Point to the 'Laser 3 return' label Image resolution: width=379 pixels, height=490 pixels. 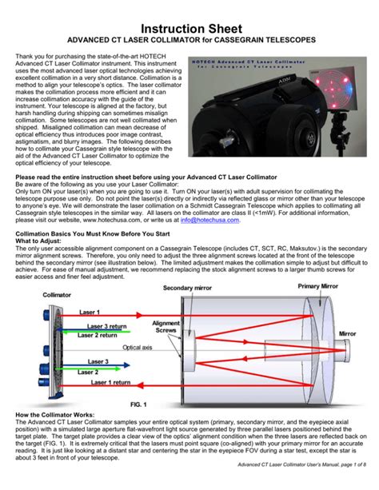point(108,326)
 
